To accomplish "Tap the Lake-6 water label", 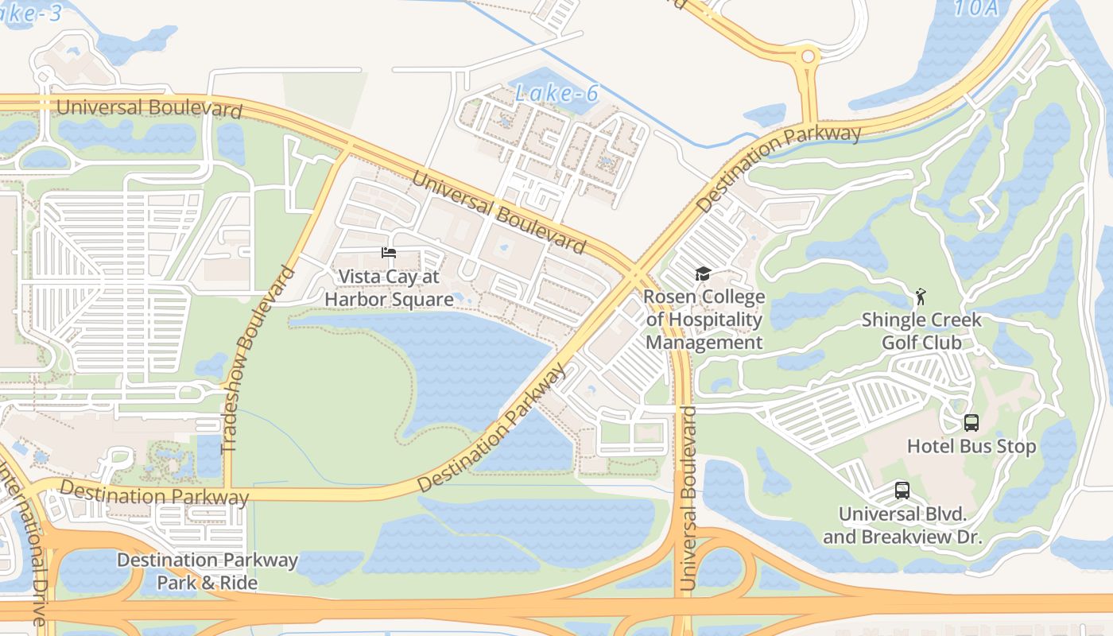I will click(x=556, y=93).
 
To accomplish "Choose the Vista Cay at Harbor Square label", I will click(x=389, y=288).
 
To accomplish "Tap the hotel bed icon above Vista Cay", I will click(x=389, y=253).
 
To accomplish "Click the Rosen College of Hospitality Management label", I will click(x=704, y=320).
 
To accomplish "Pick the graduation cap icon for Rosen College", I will click(x=703, y=274).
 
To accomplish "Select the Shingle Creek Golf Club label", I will click(x=921, y=332).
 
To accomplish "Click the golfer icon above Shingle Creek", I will click(x=921, y=297).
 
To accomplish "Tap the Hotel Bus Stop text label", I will click(x=971, y=447).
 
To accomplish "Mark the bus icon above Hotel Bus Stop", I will click(x=971, y=422).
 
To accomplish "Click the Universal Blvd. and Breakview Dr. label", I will click(x=902, y=525).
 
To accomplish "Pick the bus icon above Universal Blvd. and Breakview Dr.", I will click(x=902, y=491).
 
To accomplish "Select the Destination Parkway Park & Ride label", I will click(x=207, y=572).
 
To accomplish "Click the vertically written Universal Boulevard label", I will click(x=688, y=498).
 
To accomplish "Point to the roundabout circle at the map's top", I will click(x=809, y=56).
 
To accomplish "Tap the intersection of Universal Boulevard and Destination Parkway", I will click(x=638, y=274).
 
